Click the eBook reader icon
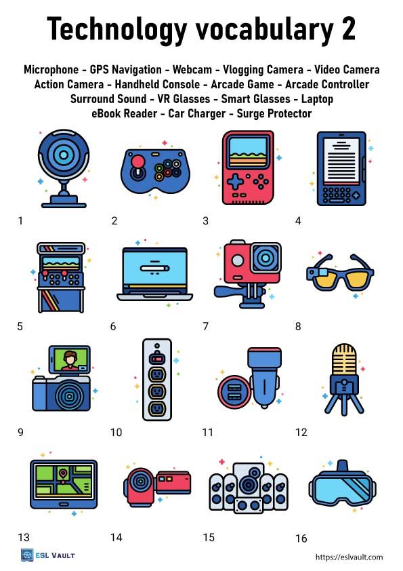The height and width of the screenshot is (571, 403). point(340,168)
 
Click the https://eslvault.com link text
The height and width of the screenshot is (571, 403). point(349,557)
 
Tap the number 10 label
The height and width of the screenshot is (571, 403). point(116,432)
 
